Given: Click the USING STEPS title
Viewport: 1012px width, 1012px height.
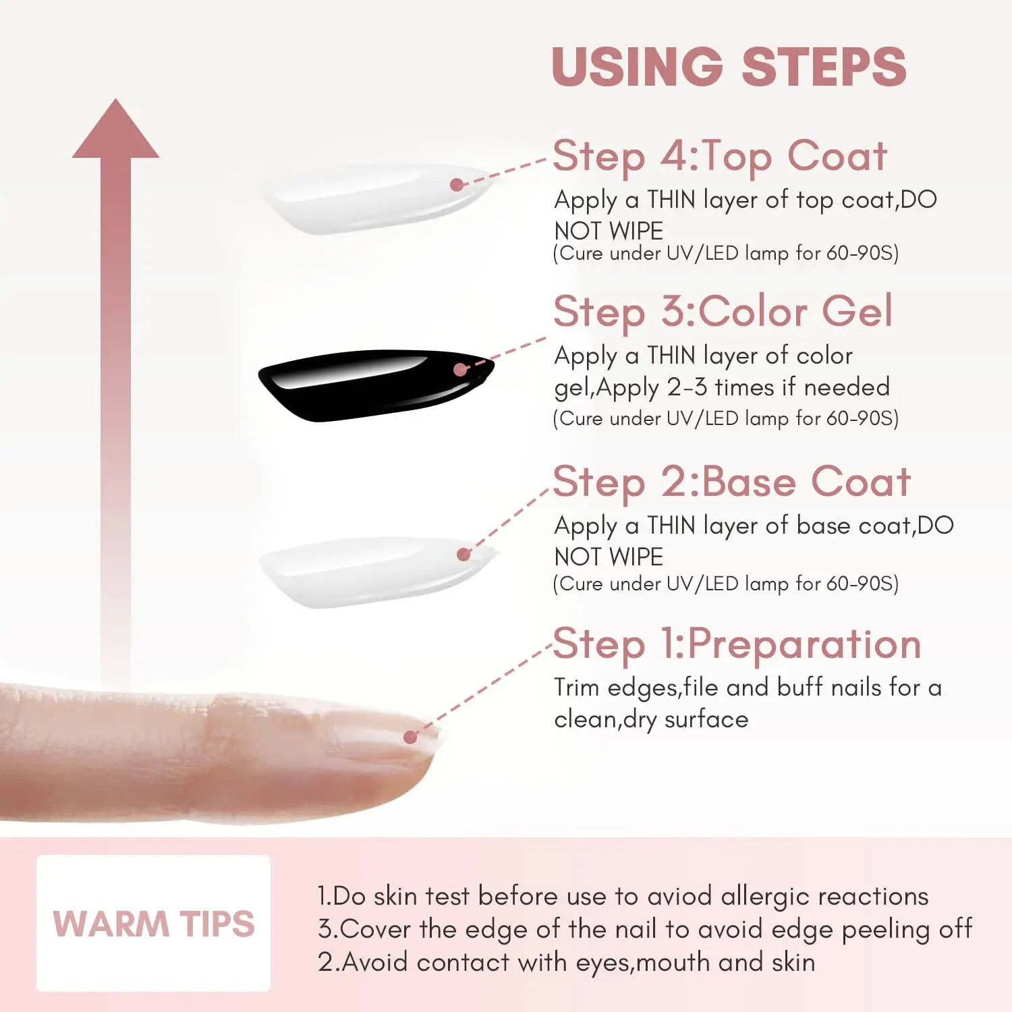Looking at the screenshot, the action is (729, 67).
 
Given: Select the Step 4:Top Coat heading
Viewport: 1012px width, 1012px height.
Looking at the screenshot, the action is (720, 157).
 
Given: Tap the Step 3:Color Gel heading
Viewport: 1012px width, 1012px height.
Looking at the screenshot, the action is (723, 312).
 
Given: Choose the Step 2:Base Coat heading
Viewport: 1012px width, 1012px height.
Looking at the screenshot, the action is (732, 482).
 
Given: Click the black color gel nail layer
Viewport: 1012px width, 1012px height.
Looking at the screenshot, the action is (376, 385).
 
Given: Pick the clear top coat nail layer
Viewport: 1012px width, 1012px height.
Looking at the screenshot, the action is (375, 199).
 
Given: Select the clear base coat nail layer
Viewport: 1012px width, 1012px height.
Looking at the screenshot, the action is (378, 572).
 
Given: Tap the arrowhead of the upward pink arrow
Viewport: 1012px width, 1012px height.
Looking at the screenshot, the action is (116, 129).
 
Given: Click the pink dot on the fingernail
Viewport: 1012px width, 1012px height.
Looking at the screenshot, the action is (410, 737).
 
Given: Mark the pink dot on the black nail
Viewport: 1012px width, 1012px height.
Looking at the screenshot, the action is (461, 370).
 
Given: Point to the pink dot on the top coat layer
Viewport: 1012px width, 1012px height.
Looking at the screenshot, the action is (457, 184).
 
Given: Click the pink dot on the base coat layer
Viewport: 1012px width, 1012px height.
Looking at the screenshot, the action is (463, 555).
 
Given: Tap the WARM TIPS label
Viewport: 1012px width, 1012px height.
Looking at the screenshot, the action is (154, 924).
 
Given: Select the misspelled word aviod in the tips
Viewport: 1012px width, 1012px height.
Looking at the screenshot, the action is (679, 896).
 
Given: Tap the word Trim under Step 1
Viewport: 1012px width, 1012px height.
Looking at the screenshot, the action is (577, 687).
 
